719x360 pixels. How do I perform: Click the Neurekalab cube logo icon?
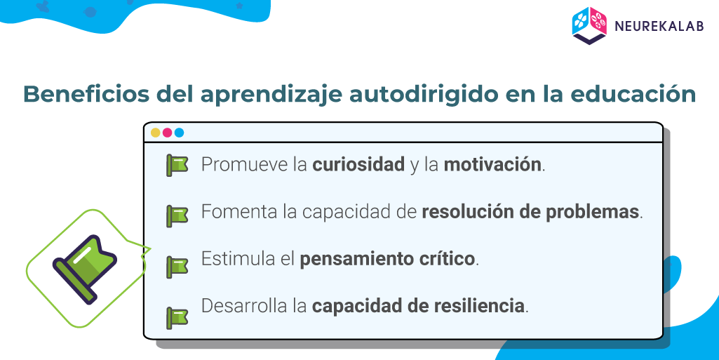click(589, 26)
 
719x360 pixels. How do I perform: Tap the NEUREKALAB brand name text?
click(659, 26)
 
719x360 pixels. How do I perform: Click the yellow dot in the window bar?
click(156, 133)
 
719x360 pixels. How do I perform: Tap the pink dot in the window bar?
click(168, 133)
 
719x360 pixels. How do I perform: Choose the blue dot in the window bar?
click(180, 133)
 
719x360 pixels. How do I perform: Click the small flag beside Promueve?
click(177, 166)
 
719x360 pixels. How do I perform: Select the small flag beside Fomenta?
click(177, 216)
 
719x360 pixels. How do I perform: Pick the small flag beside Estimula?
click(177, 267)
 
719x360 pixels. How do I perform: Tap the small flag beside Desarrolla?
click(177, 317)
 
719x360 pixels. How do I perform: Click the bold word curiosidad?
click(358, 165)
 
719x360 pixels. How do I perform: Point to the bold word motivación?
click(492, 165)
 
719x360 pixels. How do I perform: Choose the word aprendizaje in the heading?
click(271, 94)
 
